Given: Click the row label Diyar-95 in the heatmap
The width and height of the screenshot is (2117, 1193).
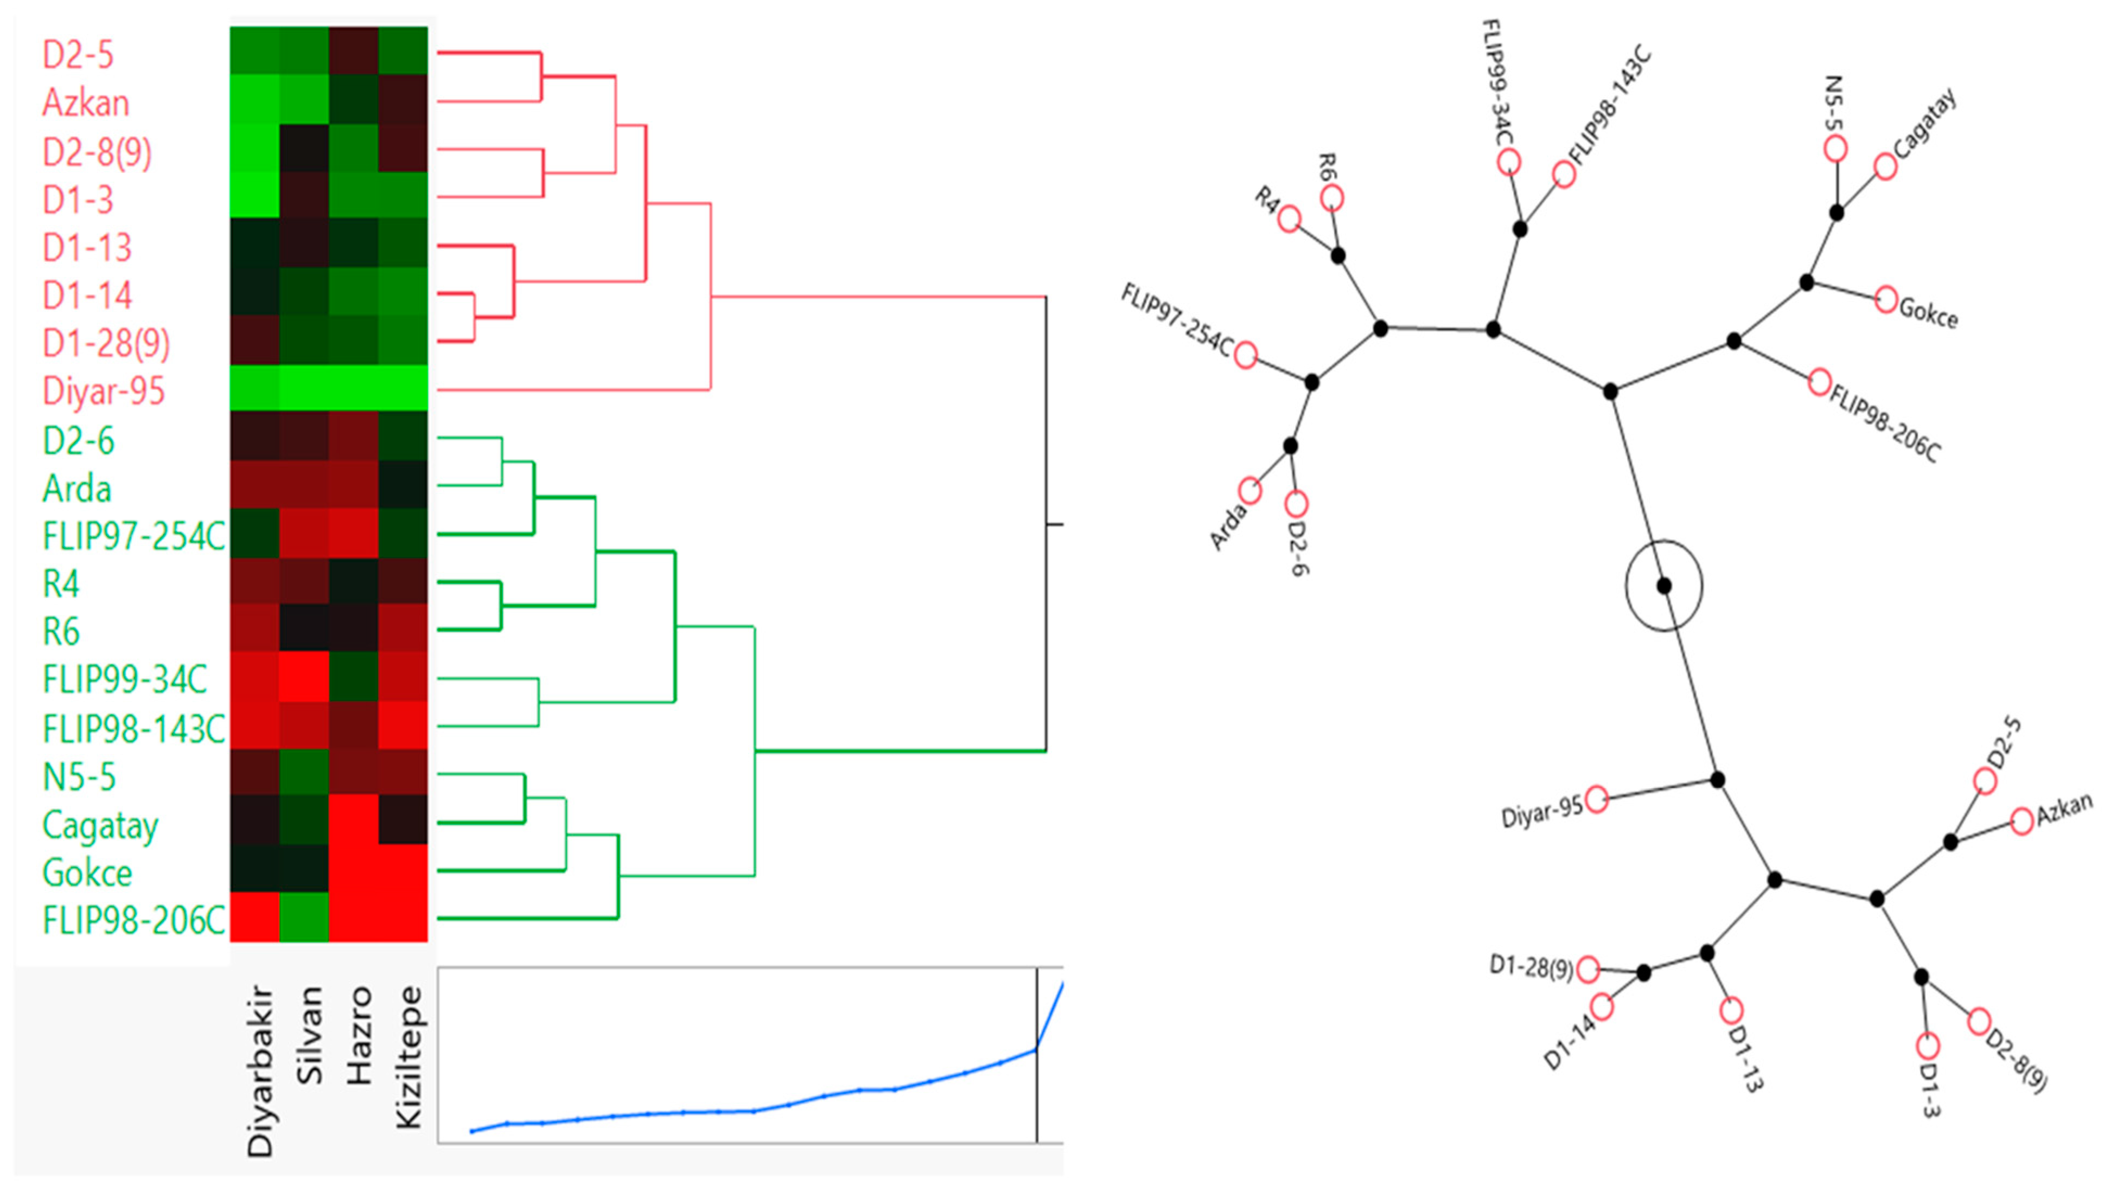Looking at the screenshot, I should coord(104,391).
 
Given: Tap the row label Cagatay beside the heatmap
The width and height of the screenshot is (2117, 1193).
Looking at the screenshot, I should coord(100,826).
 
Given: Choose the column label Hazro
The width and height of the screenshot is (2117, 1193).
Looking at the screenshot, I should coord(359,1037).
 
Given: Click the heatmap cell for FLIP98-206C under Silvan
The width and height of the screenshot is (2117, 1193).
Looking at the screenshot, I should coord(304,917).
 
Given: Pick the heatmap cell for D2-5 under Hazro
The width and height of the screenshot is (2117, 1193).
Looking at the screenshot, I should coord(353,51).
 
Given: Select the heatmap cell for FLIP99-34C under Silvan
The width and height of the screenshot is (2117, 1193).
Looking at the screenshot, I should coord(304,678).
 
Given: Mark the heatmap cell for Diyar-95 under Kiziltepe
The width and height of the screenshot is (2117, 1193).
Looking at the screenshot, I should coord(403,388).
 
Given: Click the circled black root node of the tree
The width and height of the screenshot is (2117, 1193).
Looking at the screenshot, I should coord(1664,586).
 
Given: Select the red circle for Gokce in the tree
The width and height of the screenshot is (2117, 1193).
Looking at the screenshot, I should coord(1886,299).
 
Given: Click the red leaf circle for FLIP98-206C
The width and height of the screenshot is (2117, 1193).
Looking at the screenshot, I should coord(1820,382).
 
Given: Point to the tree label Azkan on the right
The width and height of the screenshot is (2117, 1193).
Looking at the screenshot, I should coord(2064,811).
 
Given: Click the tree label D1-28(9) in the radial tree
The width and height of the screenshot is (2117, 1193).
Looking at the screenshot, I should coord(1531,967).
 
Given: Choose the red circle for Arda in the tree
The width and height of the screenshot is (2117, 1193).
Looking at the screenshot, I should coord(1250,491).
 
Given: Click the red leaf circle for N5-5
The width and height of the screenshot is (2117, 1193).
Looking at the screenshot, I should coord(1835,149).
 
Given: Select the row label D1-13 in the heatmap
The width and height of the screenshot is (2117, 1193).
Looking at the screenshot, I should coord(87,247).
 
